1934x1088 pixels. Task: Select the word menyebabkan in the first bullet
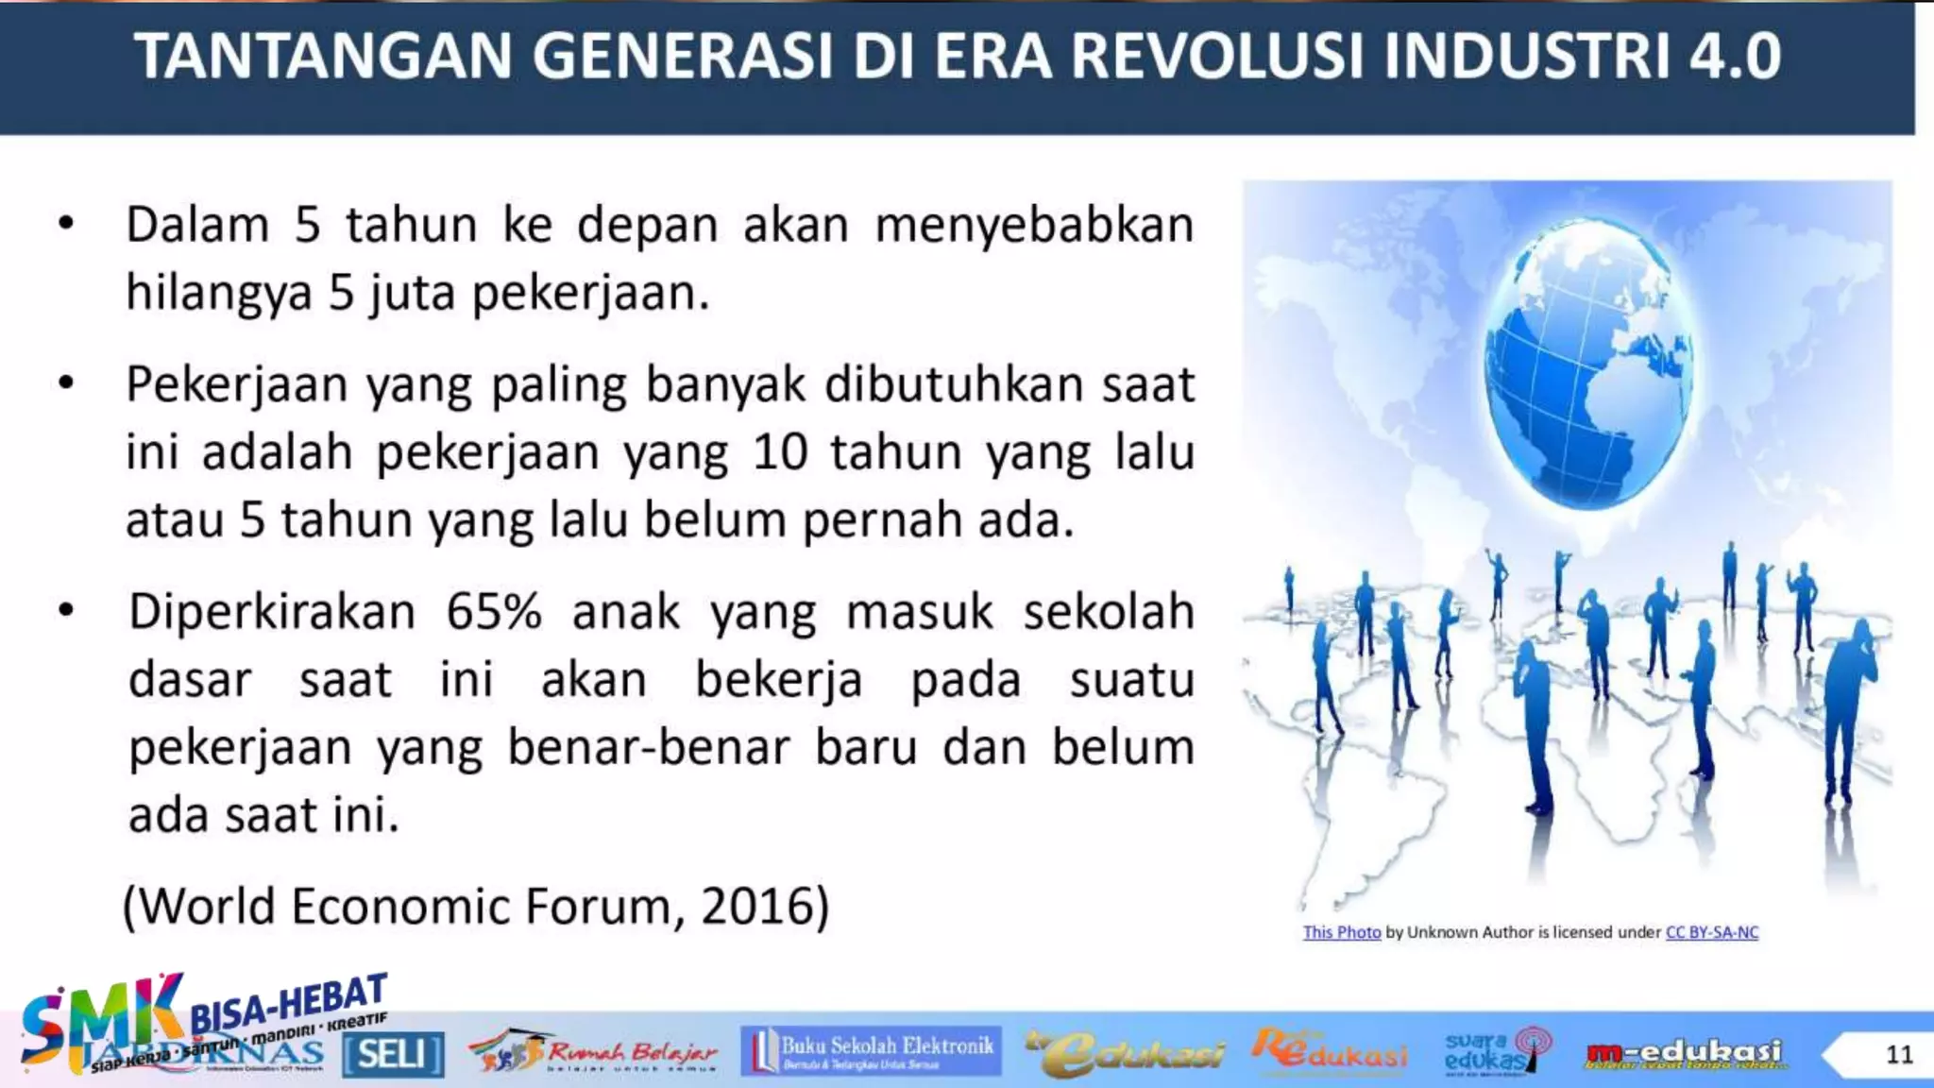[1034, 227]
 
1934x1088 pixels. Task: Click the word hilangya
[218, 292]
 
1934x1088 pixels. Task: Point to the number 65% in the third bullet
[494, 612]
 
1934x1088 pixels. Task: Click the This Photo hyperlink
[1341, 932]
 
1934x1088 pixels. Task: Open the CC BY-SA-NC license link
[1711, 932]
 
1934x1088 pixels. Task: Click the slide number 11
[1899, 1054]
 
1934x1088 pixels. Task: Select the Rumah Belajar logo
[593, 1052]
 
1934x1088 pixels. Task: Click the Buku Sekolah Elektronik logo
[870, 1051]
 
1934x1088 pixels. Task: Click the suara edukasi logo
[1496, 1052]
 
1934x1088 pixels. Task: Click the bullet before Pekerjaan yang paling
[66, 383]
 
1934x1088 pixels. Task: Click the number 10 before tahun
[780, 452]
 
